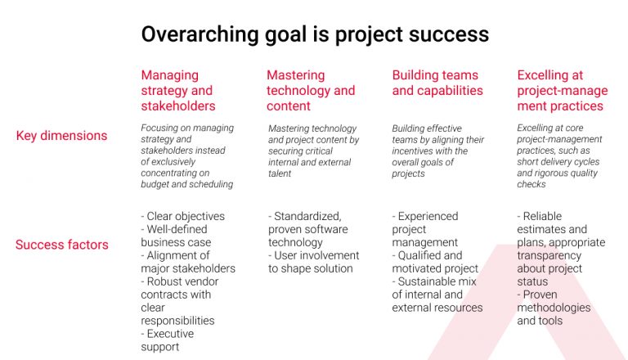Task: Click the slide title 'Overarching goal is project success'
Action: tap(315, 34)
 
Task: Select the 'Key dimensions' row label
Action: tap(61, 136)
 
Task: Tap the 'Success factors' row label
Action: tap(61, 244)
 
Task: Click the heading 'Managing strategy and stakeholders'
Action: tap(178, 90)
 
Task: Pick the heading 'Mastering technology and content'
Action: tap(311, 90)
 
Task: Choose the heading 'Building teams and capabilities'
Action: tap(437, 83)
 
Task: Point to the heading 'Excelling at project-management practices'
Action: tap(562, 90)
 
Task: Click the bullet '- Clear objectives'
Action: tap(182, 217)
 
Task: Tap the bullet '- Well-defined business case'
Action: tap(176, 236)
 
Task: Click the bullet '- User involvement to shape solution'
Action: tap(311, 262)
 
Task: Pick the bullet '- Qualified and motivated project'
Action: tap(436, 262)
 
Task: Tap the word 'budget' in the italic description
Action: tap(157, 184)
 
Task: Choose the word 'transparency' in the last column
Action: tap(549, 255)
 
